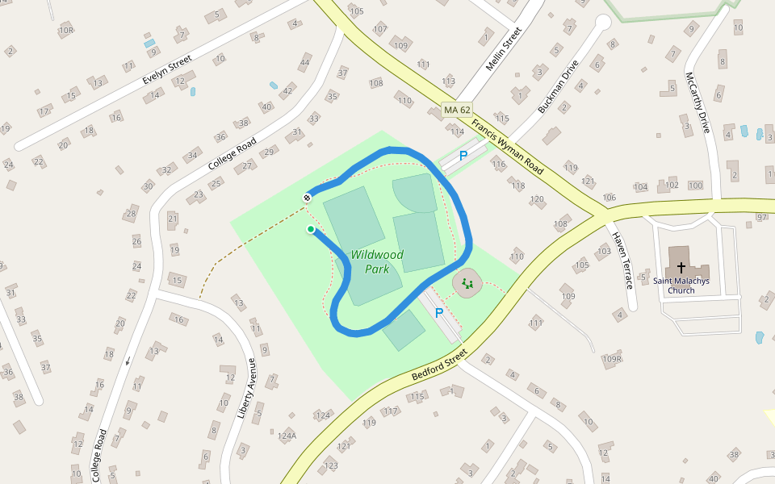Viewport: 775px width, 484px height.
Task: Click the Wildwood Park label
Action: (377, 262)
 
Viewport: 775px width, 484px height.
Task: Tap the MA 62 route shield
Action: (456, 110)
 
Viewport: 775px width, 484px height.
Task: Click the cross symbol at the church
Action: (681, 266)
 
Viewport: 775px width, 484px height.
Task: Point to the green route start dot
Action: (311, 230)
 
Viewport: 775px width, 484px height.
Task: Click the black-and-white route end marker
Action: (308, 198)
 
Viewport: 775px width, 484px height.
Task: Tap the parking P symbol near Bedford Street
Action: (439, 313)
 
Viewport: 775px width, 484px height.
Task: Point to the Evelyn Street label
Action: (167, 70)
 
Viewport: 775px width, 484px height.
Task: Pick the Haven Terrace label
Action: (621, 261)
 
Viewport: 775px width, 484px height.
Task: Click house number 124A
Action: (287, 436)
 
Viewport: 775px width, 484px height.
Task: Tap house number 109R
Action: (613, 359)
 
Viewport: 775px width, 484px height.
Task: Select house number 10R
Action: (66, 31)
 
